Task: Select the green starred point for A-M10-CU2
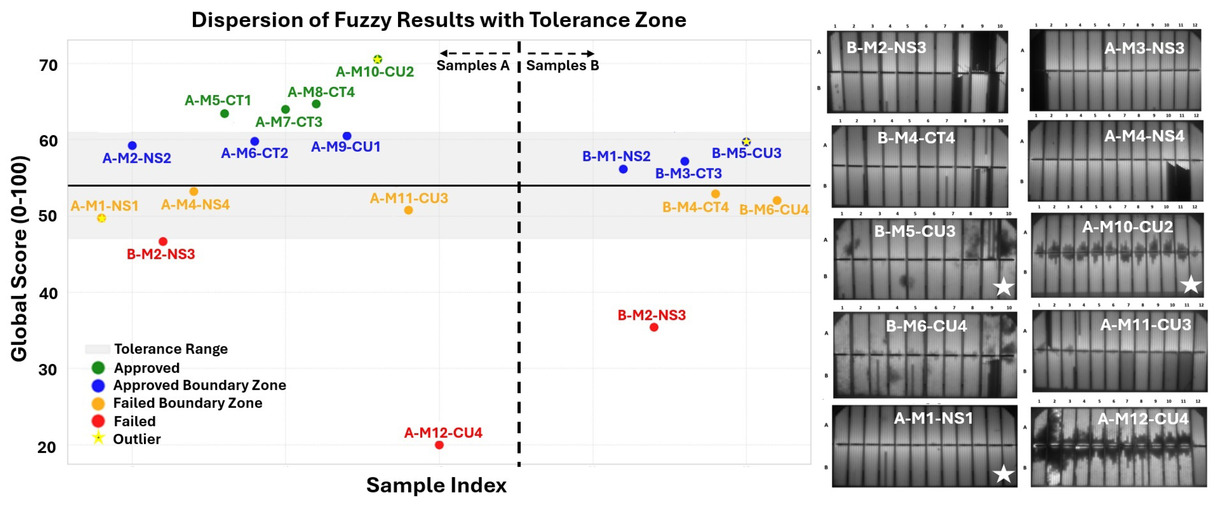tap(377, 59)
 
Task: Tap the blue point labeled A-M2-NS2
tap(132, 145)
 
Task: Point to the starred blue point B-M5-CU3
tap(746, 141)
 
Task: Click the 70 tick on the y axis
tap(48, 65)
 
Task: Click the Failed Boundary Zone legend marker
tap(98, 403)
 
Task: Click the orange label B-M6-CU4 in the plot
tap(773, 209)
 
